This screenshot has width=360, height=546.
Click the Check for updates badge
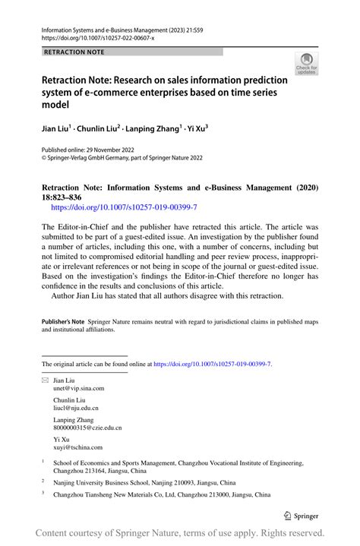(x=306, y=63)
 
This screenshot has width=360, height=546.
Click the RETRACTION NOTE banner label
(x=74, y=52)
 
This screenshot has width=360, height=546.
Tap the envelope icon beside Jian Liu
(x=44, y=379)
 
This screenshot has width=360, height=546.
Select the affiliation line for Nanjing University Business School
(x=144, y=482)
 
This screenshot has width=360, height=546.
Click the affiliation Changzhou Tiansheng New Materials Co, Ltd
(x=161, y=495)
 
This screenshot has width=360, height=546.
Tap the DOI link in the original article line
(x=213, y=365)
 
